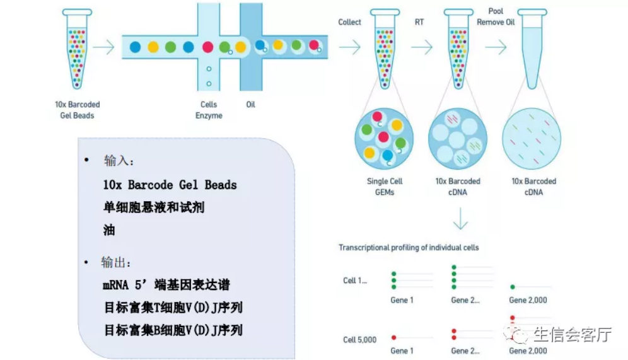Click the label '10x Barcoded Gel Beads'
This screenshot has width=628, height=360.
coord(76,110)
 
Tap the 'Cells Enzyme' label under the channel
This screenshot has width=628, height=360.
coord(209,110)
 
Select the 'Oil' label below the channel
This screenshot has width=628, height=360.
coord(251,104)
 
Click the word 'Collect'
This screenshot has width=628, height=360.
coord(349,22)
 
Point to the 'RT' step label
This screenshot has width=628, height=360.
coord(419,22)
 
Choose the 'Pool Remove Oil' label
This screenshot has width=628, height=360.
coord(496,16)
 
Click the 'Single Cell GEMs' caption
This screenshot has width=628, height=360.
coord(385,186)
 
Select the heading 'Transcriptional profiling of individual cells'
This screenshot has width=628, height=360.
coord(409,247)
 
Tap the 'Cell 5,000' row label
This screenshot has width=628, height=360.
coord(359,340)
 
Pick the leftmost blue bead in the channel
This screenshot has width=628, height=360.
coord(135,47)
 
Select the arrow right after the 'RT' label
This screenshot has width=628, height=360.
coord(421,47)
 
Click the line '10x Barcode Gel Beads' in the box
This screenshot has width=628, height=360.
coord(170,185)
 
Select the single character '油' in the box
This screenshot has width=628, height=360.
coord(109,230)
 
